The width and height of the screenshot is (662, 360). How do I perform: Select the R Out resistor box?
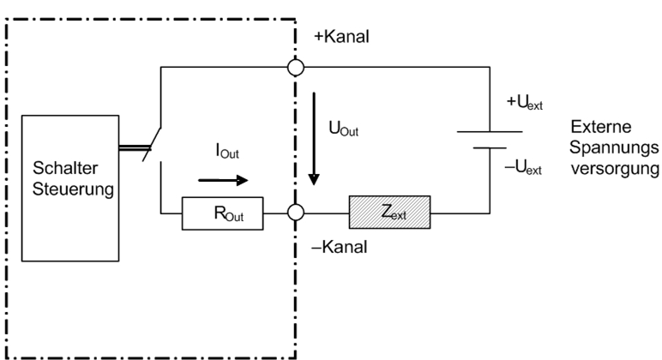(x=222, y=211)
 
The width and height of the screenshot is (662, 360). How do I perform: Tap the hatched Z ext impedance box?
(x=389, y=211)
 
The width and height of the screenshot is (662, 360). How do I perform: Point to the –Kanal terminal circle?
(x=296, y=211)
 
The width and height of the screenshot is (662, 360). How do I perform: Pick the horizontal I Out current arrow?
(x=221, y=181)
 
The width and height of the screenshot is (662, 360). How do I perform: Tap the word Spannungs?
(x=605, y=147)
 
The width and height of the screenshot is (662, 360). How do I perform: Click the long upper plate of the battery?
(x=488, y=132)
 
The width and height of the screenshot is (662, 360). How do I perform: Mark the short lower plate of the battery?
(x=489, y=147)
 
